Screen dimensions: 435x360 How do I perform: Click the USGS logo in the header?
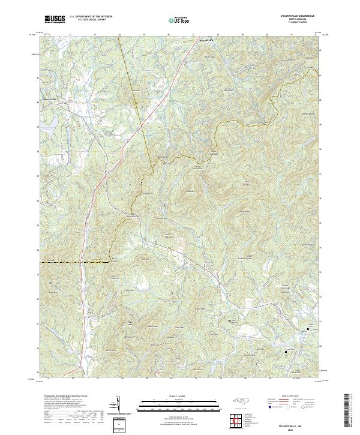click(55, 19)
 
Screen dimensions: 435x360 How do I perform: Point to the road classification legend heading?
click(290, 396)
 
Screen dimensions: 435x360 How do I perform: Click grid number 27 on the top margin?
click(193, 35)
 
